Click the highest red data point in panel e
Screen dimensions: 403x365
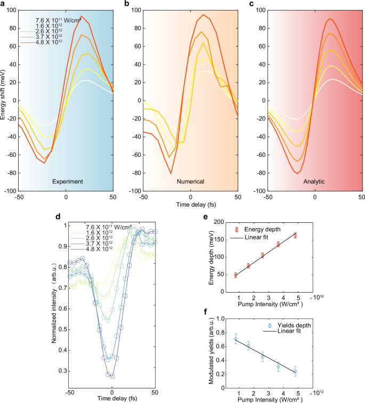click(x=295, y=235)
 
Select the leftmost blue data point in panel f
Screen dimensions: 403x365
click(x=236, y=339)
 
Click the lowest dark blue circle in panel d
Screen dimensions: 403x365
click(x=112, y=376)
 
